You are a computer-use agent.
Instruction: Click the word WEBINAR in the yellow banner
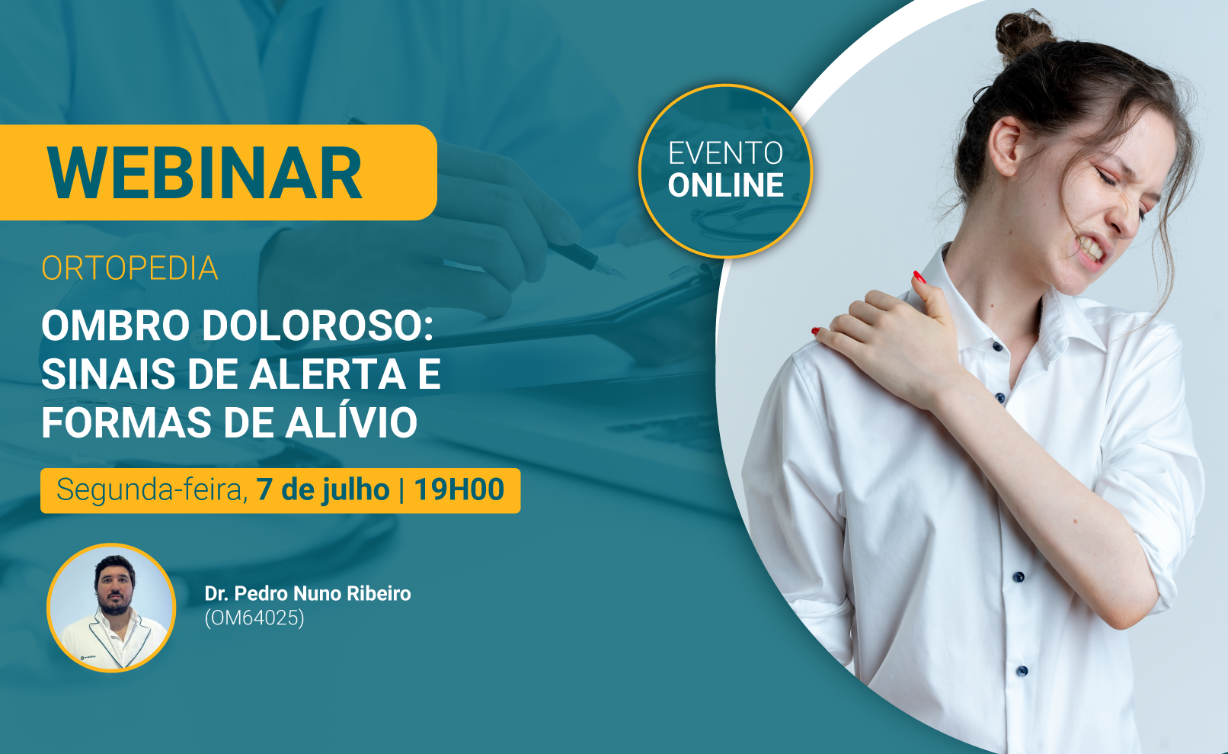(x=204, y=173)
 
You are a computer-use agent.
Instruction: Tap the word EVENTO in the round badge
(x=725, y=153)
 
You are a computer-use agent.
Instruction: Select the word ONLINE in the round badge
(x=725, y=185)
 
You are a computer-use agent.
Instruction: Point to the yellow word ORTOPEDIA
(x=130, y=268)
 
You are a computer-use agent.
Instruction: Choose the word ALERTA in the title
(x=328, y=374)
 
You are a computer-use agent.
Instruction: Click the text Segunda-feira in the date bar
(x=152, y=489)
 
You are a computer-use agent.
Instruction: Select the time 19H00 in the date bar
(x=459, y=489)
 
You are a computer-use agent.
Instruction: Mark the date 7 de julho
(x=322, y=489)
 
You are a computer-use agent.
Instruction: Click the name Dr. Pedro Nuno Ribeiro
(x=308, y=593)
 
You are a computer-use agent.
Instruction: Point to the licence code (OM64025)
(x=254, y=618)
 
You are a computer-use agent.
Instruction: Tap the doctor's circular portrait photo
(x=111, y=608)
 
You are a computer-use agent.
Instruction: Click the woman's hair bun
(x=1024, y=34)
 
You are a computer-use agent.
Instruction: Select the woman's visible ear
(x=1006, y=146)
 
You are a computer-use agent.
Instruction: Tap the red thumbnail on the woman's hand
(x=918, y=277)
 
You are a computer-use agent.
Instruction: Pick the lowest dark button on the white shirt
(x=1022, y=671)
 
